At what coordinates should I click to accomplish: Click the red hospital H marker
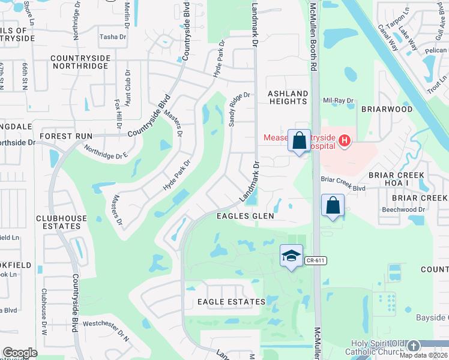coord(344,142)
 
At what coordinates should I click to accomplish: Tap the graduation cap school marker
coord(291,256)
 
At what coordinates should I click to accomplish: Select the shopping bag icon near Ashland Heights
coord(299,142)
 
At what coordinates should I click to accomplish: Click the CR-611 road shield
coord(314,260)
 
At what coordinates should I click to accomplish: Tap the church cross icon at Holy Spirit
coord(413,346)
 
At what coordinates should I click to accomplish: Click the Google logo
coord(20,353)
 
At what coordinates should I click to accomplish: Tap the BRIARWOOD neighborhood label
coord(387,110)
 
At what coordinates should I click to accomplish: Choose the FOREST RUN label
coord(65,136)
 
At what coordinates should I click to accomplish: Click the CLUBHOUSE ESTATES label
coord(61,222)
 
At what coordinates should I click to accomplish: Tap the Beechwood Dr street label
coord(403,209)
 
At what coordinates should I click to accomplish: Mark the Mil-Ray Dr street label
coord(336,101)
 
